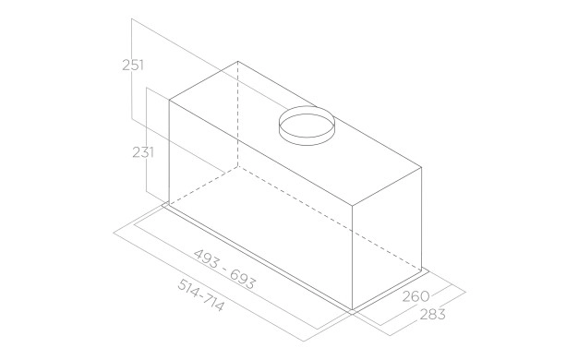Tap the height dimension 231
click(142, 152)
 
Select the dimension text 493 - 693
click(224, 267)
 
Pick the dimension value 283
click(430, 315)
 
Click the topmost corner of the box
click(238, 62)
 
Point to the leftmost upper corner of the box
click(170, 97)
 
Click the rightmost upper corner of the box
click(423, 165)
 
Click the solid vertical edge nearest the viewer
click(355, 254)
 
